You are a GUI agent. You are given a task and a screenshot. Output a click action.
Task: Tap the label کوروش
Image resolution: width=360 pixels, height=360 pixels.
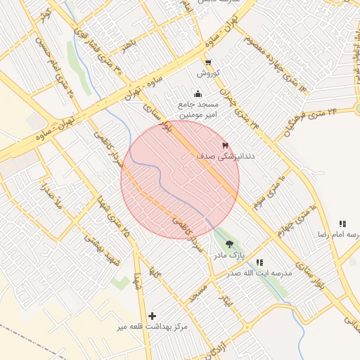point(209,73)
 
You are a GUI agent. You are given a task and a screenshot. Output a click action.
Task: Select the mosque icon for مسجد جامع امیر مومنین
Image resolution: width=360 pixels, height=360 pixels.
point(198,94)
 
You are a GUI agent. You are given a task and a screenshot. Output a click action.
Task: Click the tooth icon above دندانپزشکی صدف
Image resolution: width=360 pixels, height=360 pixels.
point(225,146)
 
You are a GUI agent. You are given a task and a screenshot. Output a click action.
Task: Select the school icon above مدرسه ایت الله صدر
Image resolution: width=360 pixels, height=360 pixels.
point(259,262)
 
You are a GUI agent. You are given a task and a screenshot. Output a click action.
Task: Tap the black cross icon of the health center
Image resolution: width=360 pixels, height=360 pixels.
point(152,316)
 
